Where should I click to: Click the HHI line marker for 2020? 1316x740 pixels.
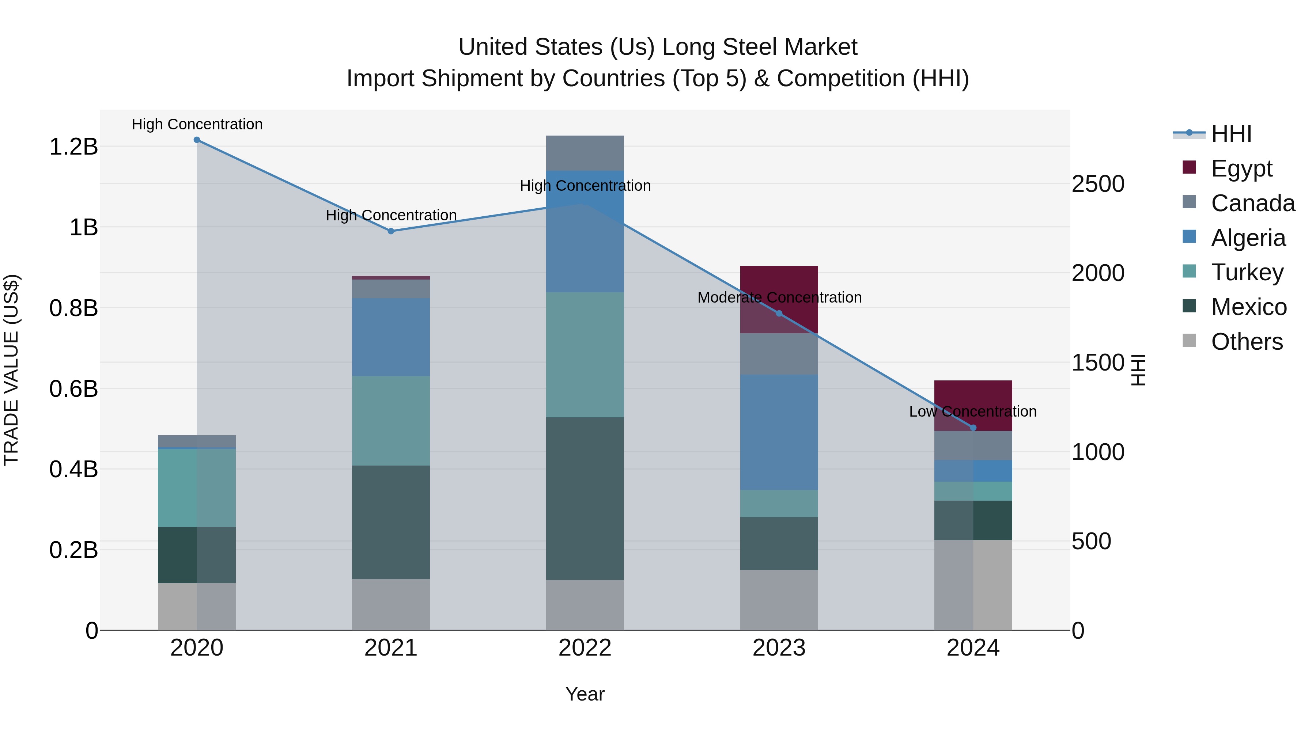[x=197, y=140]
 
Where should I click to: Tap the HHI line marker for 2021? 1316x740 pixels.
[x=391, y=231]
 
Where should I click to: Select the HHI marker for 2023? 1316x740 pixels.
[x=779, y=313]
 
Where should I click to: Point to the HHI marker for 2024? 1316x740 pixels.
[x=973, y=428]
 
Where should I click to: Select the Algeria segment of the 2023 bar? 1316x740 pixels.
[x=779, y=432]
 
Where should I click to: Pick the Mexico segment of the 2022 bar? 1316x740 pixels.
[x=585, y=498]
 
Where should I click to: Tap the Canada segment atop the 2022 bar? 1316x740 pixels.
[x=585, y=153]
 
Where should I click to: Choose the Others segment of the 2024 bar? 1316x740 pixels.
[x=973, y=585]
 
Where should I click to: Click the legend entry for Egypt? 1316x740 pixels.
[x=1241, y=168]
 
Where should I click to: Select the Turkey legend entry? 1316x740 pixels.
[x=1247, y=272]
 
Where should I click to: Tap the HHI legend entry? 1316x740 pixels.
[x=1231, y=134]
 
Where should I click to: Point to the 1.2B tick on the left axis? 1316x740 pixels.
[x=73, y=147]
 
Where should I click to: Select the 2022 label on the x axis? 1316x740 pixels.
[x=585, y=648]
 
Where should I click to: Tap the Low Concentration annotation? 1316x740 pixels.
[x=973, y=411]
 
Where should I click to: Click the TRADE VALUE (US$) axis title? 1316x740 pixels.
[x=11, y=370]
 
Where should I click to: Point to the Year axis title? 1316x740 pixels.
[x=585, y=694]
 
